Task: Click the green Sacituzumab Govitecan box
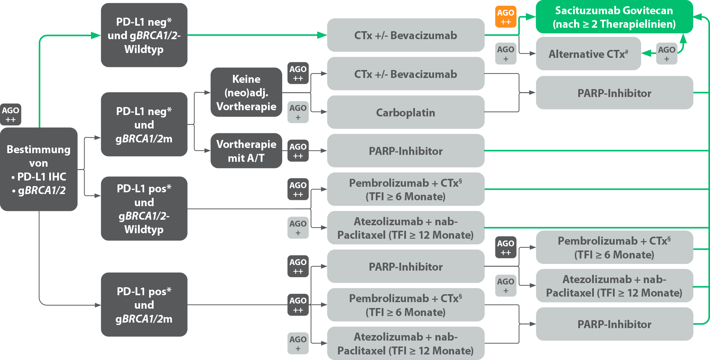point(614,17)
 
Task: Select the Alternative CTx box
point(588,54)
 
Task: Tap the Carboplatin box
point(405,113)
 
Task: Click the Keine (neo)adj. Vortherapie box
point(246,92)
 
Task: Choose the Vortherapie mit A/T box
point(246,151)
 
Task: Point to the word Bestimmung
point(38,149)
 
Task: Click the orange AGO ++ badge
point(505,17)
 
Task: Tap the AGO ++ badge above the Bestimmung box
point(10,114)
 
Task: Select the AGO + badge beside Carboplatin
point(298,112)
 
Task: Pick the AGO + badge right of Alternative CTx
point(666,54)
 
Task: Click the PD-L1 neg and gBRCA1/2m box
point(144,124)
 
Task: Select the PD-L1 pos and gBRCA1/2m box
point(144,305)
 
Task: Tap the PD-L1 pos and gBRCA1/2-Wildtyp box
point(144,209)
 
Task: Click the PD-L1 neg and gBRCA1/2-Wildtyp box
point(144,35)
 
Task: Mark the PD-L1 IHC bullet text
point(42,177)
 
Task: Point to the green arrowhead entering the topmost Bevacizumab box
point(322,35)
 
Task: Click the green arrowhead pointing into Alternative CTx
point(646,53)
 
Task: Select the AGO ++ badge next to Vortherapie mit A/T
point(298,151)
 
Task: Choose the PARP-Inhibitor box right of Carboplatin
point(614,93)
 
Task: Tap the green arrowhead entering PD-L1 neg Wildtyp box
point(96,35)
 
